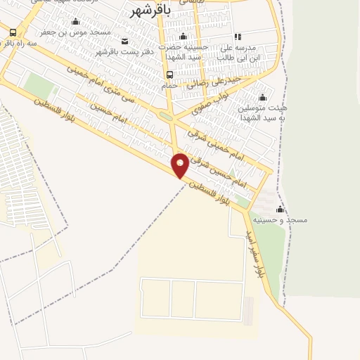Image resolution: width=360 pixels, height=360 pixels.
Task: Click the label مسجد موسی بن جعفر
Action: tap(76, 32)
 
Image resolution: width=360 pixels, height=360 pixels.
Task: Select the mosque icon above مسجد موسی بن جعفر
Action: tap(76, 21)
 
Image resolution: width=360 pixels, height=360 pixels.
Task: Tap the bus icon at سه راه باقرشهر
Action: tap(13, 32)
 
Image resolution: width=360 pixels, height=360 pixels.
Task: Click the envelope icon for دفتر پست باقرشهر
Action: tap(125, 41)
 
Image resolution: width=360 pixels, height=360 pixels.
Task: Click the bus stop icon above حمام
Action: tap(169, 74)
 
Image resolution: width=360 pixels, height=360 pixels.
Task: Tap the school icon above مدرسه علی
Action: tap(237, 37)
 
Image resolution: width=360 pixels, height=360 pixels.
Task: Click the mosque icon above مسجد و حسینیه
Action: tap(280, 209)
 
